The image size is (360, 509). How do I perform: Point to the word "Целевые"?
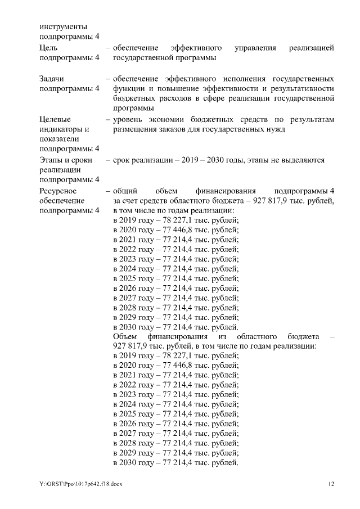(x=55, y=119)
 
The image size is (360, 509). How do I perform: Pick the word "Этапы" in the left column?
(x=52, y=160)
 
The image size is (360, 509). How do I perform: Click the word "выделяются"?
(x=301, y=160)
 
